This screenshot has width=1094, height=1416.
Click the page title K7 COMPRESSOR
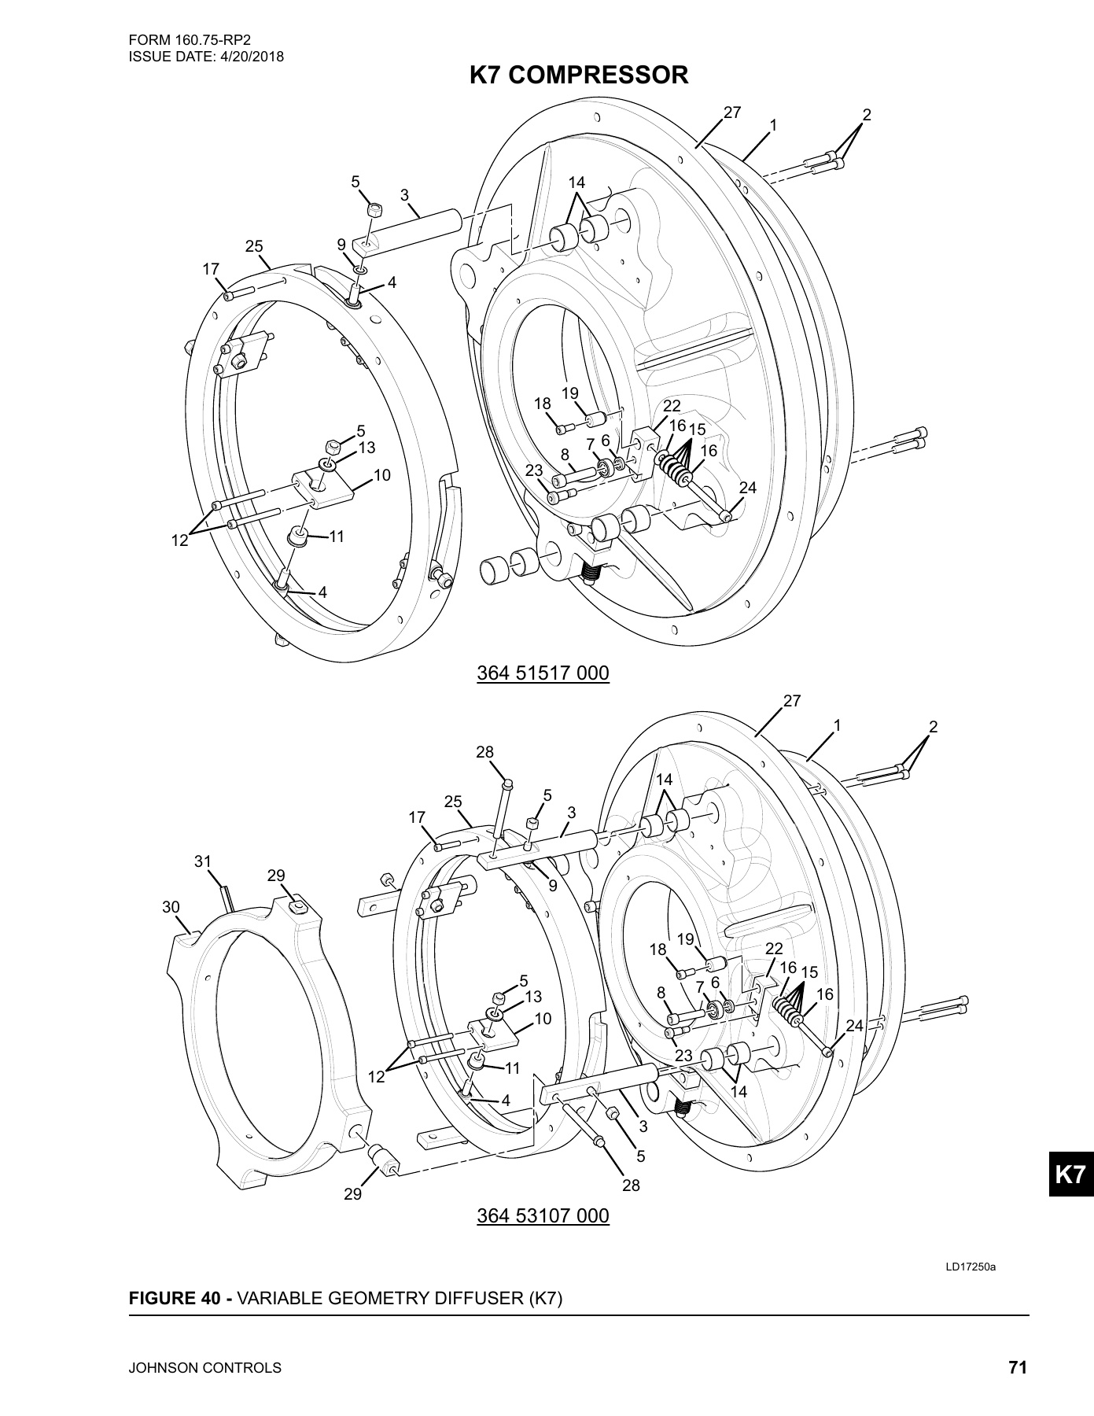579,76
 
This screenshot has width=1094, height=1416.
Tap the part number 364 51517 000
543,673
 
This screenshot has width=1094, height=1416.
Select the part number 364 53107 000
543,1216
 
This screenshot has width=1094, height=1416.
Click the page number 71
1018,1367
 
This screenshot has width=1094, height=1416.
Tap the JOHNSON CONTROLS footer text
204,1368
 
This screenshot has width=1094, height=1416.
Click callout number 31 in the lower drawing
203,861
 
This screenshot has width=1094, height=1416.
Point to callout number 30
171,907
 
